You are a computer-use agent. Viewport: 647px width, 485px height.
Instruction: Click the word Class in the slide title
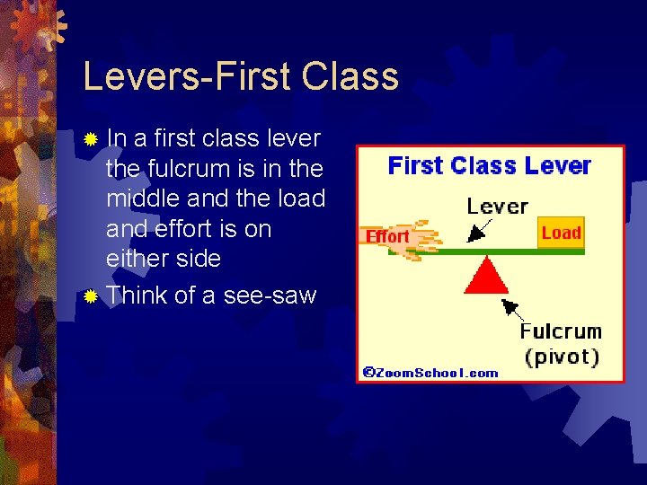350,77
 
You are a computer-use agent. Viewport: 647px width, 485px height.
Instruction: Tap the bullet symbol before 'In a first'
90,140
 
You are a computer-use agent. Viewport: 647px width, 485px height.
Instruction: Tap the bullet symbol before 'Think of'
90,296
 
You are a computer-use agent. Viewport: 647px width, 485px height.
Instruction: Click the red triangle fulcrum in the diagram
486,276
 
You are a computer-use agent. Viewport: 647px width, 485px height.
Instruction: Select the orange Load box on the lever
561,234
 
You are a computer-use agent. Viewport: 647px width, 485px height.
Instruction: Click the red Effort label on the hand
387,237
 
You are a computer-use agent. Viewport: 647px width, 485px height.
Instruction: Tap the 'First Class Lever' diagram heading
489,166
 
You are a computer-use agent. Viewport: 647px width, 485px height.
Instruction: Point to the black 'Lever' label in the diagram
497,206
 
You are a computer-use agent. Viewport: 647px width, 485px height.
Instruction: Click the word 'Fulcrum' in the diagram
561,331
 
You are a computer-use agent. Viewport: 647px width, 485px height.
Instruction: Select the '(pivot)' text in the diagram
562,356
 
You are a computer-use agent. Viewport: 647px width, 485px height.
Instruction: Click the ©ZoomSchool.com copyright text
430,373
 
